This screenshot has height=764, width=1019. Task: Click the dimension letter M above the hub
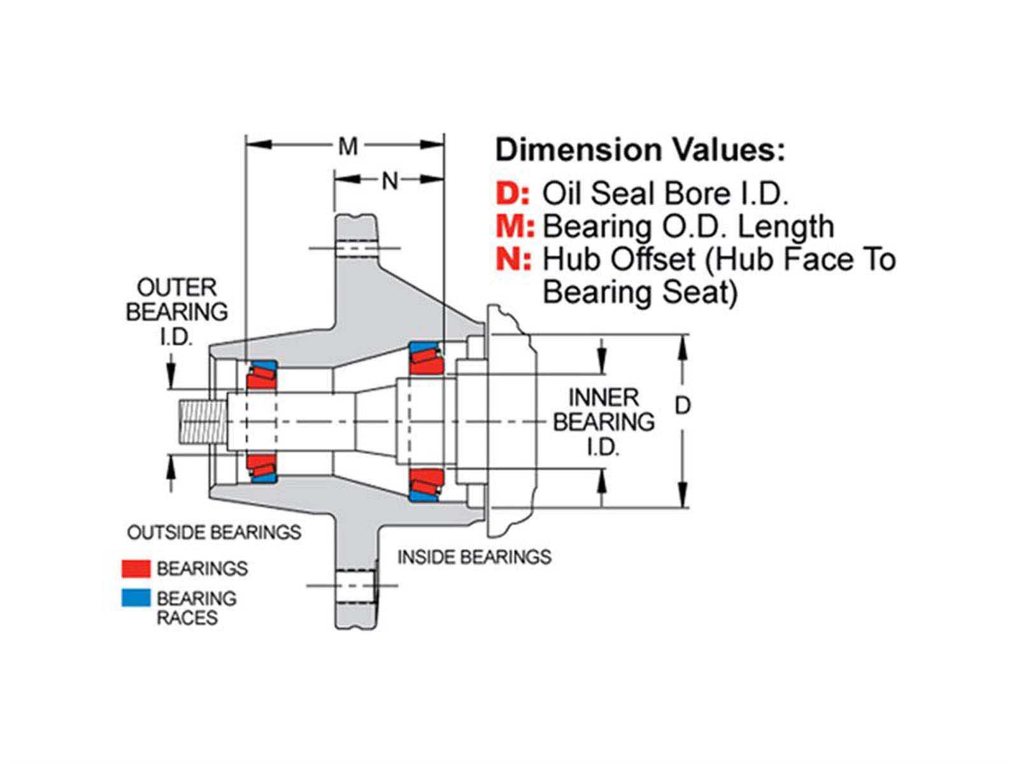click(x=348, y=147)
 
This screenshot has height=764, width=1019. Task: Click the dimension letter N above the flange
click(x=389, y=181)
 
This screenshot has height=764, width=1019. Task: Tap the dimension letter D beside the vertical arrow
click(x=682, y=406)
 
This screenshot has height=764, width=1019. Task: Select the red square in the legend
click(x=136, y=568)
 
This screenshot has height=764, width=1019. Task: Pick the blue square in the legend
click(x=136, y=598)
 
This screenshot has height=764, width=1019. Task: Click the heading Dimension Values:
click(x=640, y=150)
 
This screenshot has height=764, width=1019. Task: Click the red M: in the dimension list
click(x=515, y=227)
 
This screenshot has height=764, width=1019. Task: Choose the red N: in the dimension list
click(x=513, y=260)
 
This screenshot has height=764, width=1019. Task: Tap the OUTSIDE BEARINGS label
click(x=214, y=532)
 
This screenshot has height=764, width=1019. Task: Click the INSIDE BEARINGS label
click(x=474, y=557)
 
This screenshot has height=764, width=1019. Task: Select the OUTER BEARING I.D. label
click(x=176, y=312)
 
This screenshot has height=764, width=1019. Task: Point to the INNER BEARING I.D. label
click(x=603, y=422)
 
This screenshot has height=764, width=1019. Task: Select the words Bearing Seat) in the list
click(x=639, y=293)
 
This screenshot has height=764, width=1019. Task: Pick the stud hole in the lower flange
click(x=354, y=586)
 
